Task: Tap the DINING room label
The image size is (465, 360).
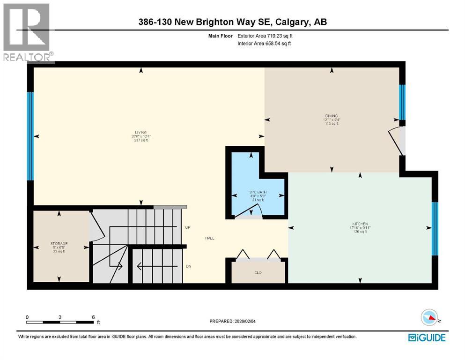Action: coord(332,116)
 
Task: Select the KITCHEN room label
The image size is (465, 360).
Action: coord(360,224)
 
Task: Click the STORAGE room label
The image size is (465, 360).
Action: coord(59,243)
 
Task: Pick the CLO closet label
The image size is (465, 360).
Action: coord(258,272)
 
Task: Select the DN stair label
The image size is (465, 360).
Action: coord(188,266)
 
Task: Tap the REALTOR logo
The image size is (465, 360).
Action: coord(27,33)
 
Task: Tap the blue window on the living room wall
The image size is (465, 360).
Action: coord(30,136)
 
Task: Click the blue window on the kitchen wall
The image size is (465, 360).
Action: coord(434,228)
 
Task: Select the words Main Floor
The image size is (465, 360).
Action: coord(221,36)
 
